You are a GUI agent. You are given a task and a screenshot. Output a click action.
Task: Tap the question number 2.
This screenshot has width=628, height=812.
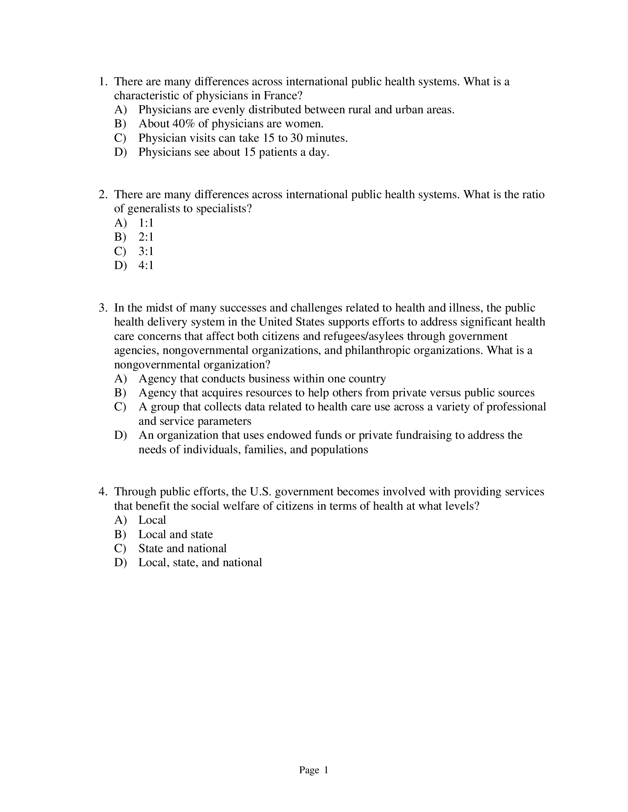pyautogui.click(x=103, y=195)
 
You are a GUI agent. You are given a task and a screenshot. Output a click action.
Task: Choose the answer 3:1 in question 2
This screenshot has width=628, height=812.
pyautogui.click(x=146, y=251)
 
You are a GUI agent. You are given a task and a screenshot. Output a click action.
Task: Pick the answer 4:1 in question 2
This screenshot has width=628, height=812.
pyautogui.click(x=146, y=265)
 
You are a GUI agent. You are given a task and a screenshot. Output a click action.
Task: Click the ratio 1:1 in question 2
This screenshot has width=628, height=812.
pyautogui.click(x=146, y=223)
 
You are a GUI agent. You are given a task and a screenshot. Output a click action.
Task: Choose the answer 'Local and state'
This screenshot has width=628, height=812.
pyautogui.click(x=175, y=535)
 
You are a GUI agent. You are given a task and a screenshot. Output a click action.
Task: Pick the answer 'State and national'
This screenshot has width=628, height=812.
pyautogui.click(x=182, y=549)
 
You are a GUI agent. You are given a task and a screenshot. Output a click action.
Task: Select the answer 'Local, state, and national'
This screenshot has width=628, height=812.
pyautogui.click(x=200, y=563)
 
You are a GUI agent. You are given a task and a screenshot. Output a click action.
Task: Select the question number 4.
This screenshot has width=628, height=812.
pyautogui.click(x=103, y=492)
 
